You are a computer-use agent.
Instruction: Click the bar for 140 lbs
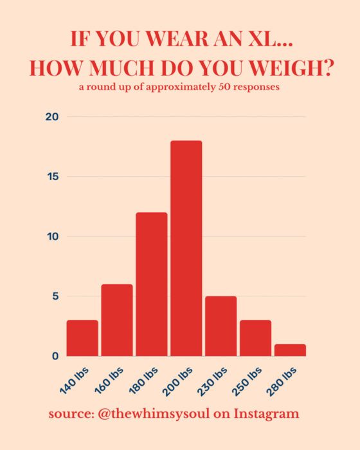pos(82,338)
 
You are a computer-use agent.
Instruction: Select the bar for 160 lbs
pos(117,320)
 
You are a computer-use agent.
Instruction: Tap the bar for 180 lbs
pos(152,284)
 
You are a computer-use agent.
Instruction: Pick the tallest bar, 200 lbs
pos(186,248)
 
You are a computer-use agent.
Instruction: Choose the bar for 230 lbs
pos(221,326)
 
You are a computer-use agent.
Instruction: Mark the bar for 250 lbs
pos(256,338)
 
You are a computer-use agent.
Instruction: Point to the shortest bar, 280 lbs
pos(291,350)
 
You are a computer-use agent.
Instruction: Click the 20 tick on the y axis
pos(52,117)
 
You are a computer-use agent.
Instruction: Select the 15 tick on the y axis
pos(53,177)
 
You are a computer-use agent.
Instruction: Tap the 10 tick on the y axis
pos(53,237)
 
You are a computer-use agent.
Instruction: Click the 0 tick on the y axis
pos(56,356)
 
